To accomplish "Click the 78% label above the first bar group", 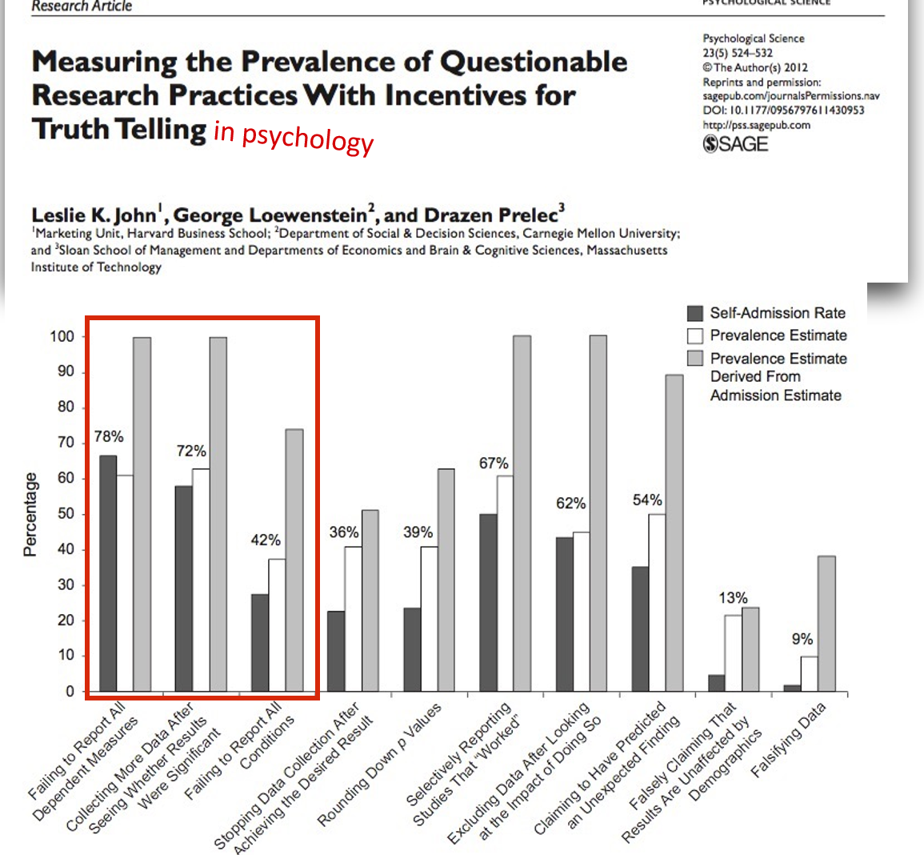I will [109, 436].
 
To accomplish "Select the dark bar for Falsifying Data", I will [792, 687].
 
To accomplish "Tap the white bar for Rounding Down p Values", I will [429, 618].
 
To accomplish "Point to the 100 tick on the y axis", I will [62, 336].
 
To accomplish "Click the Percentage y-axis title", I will [30, 514].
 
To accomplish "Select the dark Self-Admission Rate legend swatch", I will [695, 313].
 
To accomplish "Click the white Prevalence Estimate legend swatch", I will [695, 335].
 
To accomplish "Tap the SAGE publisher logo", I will [735, 144].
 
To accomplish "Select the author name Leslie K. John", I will [94, 215].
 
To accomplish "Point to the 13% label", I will [733, 598].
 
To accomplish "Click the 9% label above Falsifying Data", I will [802, 639].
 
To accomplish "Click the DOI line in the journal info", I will [783, 110].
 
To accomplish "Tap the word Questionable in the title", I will [534, 62].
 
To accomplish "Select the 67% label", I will [494, 464].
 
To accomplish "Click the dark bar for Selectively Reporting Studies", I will [487, 602].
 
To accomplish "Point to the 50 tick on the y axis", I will [65, 513].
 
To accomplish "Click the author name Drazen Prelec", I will [492, 215].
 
